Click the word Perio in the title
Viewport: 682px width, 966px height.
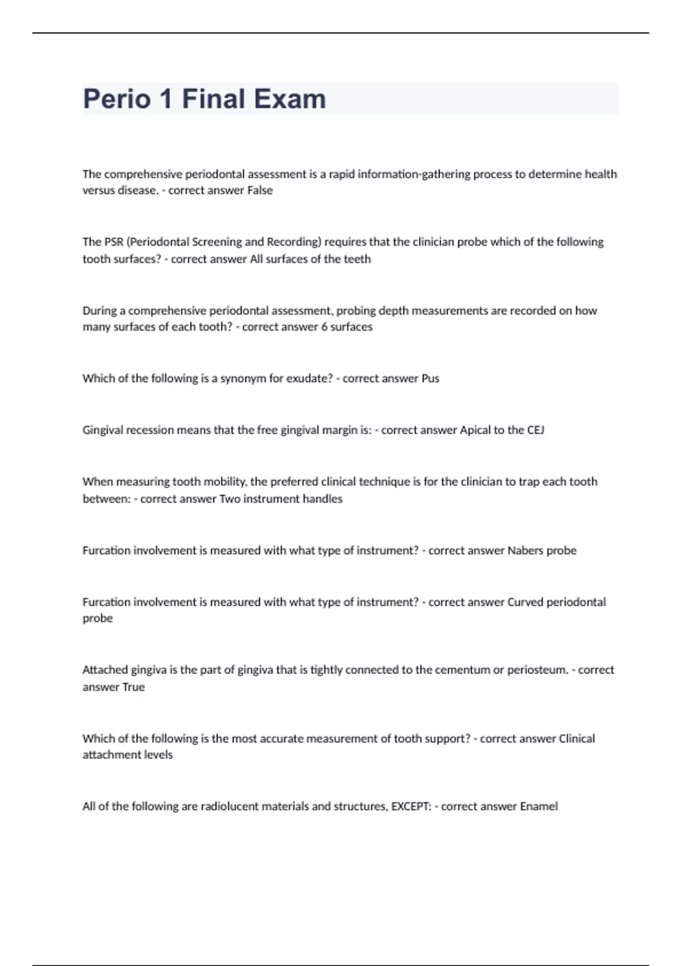pos(117,99)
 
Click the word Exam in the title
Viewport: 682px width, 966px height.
pos(290,99)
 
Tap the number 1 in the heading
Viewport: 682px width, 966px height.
pos(166,99)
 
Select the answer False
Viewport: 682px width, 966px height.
pos(260,190)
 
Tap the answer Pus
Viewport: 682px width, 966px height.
pos(430,378)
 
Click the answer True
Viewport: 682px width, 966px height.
pos(133,687)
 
